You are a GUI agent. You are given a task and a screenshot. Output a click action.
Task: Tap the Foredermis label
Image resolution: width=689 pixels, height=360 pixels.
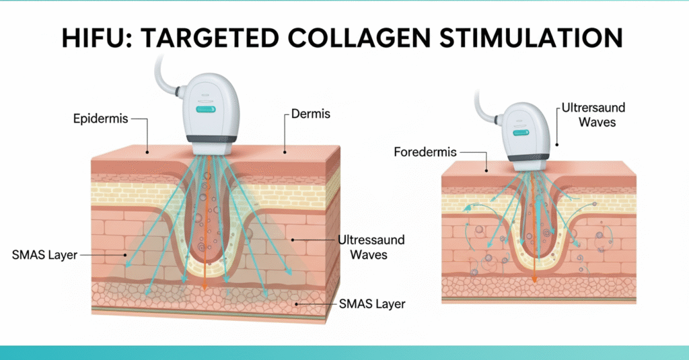coord(425,152)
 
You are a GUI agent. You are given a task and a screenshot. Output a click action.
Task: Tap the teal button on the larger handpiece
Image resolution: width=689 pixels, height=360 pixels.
coord(204,108)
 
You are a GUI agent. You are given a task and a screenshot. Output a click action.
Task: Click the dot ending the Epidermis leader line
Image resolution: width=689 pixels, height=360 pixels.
coord(147,149)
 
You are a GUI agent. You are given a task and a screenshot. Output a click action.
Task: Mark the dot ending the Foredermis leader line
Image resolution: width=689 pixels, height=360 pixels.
coord(486,170)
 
